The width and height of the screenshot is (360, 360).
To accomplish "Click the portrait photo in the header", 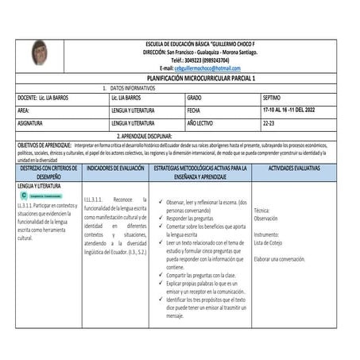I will pos(41,53).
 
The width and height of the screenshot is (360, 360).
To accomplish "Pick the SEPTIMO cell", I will pos(273,97).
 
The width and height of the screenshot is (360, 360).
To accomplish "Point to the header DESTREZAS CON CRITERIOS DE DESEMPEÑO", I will pos(48,174).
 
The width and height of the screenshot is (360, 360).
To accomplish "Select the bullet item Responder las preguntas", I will pos(193,218).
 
